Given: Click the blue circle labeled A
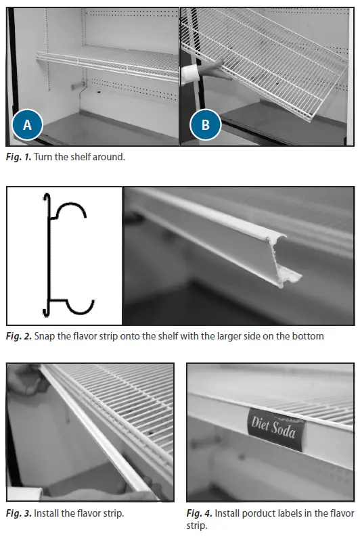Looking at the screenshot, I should [27, 125].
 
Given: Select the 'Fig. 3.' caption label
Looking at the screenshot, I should [18, 513].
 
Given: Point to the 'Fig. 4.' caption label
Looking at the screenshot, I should [200, 513].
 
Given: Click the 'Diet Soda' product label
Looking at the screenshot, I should [273, 426].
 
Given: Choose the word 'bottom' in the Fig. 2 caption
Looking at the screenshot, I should [309, 336].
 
